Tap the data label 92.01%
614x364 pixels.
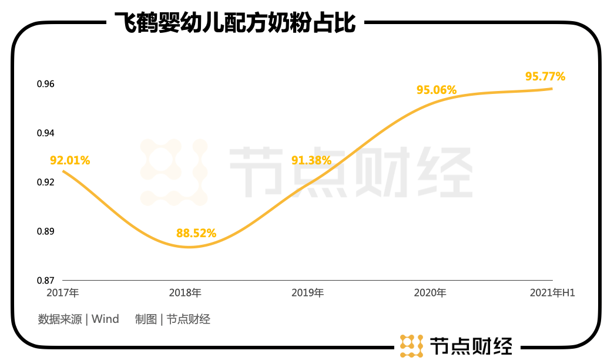(70, 160)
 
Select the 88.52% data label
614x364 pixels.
(196, 233)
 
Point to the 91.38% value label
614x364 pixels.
(311, 160)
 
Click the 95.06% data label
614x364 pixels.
(437, 90)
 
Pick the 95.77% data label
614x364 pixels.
(545, 76)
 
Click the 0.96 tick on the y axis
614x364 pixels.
(45, 84)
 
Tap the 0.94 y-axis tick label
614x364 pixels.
(45, 133)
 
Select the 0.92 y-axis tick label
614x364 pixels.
(45, 182)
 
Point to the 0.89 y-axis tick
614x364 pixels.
(45, 231)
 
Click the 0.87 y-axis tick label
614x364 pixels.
(45, 280)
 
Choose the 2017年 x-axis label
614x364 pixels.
(62, 292)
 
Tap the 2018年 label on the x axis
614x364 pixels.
(185, 292)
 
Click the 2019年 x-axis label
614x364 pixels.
(307, 292)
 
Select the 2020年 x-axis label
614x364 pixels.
(430, 292)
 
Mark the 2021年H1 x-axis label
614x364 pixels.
(551, 292)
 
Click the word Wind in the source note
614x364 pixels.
(105, 319)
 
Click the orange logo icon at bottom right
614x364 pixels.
(411, 346)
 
